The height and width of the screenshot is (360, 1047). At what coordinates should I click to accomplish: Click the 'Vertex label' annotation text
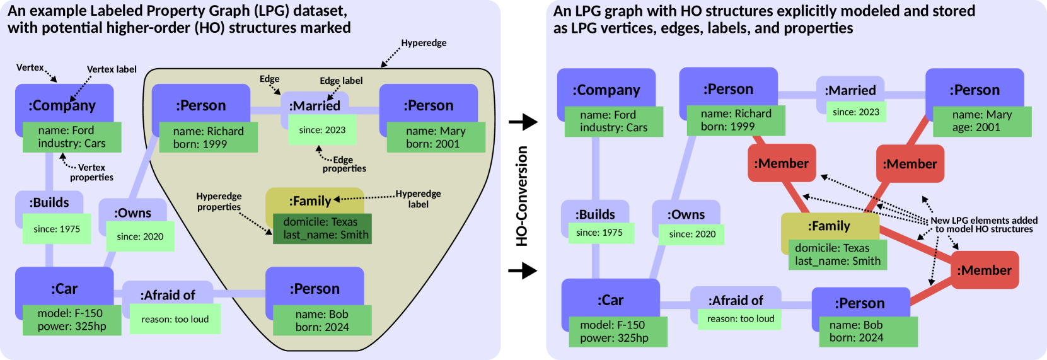tap(112, 69)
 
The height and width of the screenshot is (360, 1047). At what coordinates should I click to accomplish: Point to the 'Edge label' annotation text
tap(341, 81)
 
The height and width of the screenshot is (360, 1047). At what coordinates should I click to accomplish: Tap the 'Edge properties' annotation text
tap(344, 164)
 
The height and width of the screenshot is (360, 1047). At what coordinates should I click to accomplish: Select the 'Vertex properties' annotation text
tap(91, 172)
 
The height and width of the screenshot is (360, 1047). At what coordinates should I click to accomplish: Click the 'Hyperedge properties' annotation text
tap(219, 202)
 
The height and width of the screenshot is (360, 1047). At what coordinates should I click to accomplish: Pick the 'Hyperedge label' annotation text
tap(418, 199)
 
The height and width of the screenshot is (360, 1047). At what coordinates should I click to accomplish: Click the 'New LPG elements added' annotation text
tap(983, 221)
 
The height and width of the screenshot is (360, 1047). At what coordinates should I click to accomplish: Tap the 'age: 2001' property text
tap(976, 127)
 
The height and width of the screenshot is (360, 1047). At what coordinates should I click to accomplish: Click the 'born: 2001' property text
tap(432, 144)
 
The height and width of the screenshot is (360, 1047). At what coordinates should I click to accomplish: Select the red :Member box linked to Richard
tap(782, 163)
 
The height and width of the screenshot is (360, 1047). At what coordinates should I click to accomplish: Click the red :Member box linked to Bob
tap(984, 270)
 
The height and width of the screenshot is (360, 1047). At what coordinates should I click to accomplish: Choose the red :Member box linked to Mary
tap(910, 164)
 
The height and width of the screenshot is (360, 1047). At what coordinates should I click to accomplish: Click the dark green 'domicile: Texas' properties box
tap(322, 228)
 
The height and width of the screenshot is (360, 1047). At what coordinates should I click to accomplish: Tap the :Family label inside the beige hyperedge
tap(310, 201)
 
